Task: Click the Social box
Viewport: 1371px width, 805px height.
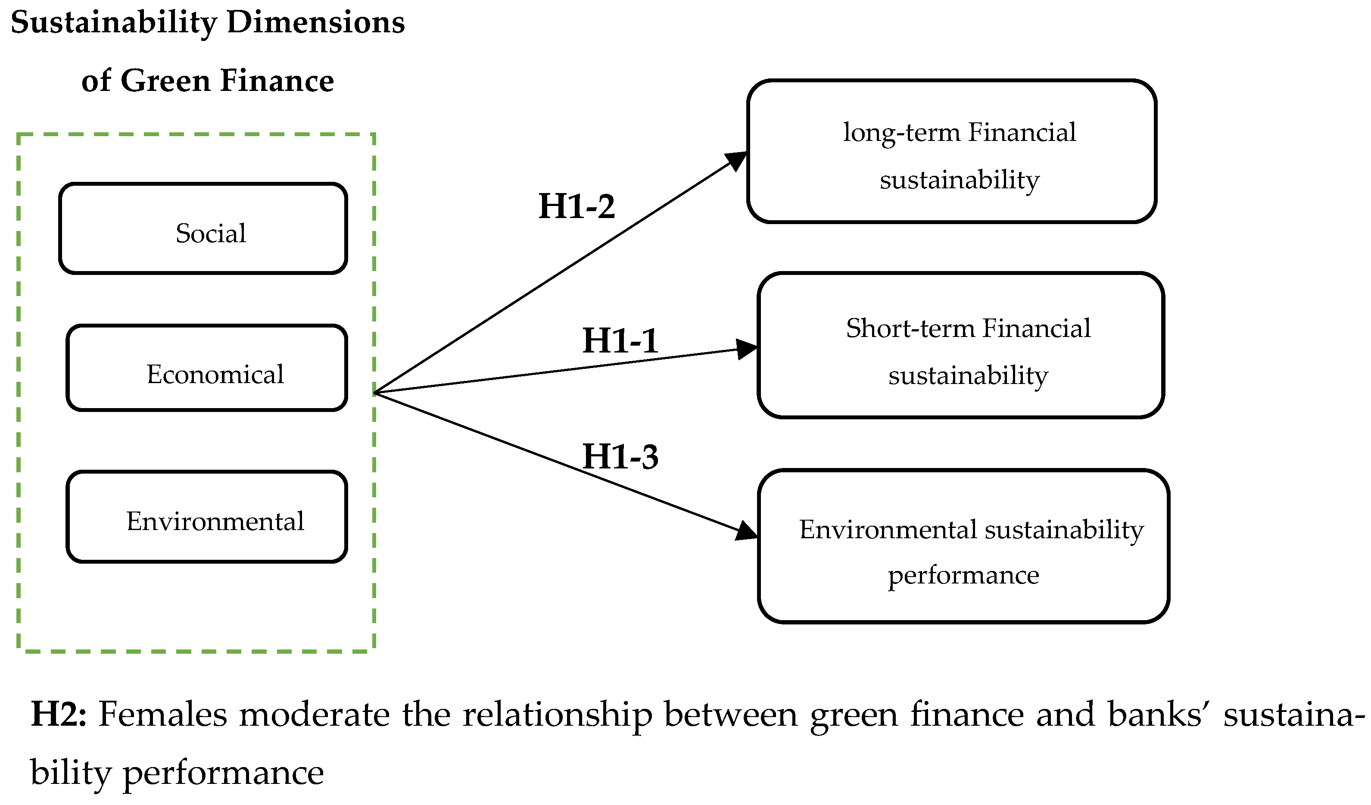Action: [203, 228]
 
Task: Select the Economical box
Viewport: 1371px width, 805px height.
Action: [207, 368]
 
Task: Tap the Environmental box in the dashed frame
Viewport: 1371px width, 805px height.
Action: [207, 517]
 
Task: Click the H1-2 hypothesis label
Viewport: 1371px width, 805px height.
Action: [576, 207]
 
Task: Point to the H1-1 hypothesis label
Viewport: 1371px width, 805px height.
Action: [620, 341]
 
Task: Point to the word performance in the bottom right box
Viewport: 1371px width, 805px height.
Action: [963, 576]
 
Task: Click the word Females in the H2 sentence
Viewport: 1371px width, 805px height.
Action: [162, 714]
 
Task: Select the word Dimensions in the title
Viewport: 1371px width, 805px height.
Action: [315, 23]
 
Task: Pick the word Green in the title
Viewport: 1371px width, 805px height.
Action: [165, 81]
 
